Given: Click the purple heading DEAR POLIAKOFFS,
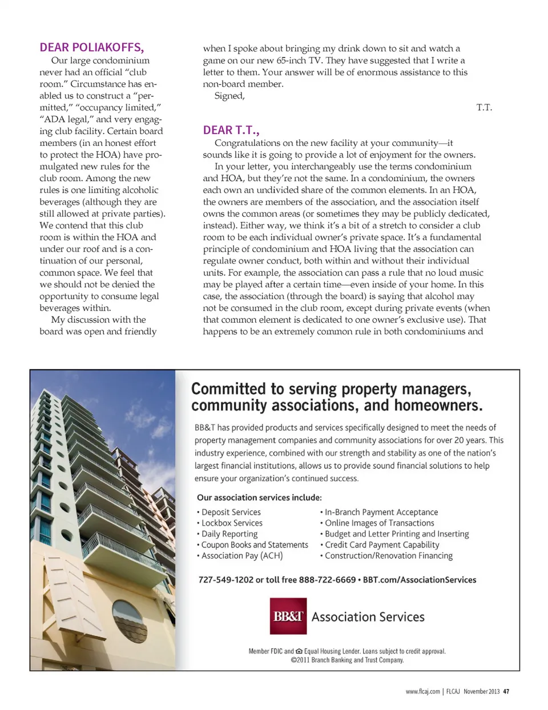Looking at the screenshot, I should pos(91,47).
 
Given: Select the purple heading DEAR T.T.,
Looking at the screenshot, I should pos(231,130).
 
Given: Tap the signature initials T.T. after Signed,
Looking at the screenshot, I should pos(484,107).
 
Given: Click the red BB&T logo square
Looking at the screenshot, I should pos(288,616).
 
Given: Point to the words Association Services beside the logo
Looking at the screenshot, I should pos(368,617).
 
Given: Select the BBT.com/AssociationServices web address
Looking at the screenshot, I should pos(420,579).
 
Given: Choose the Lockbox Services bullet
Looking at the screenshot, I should pos(232,523).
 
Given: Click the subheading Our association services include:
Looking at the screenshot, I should pos(259,497).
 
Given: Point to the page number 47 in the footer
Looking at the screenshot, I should pos(506,691).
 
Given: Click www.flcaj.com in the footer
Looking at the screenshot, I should pos(422,691).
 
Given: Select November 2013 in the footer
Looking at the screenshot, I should pos(481,691).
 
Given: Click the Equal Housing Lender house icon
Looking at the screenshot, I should pos(299,651).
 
